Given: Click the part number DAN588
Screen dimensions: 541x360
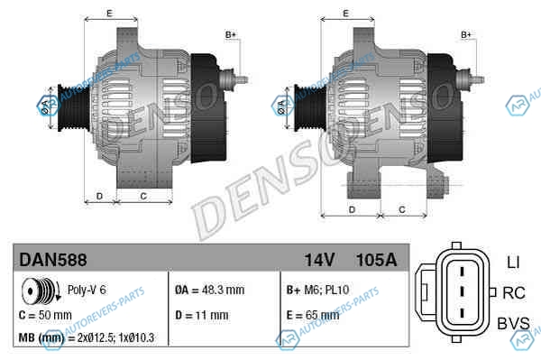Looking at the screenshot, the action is click(53, 260).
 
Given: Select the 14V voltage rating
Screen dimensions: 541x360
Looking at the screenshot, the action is click(319, 260).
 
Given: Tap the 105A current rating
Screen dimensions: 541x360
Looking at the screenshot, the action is click(376, 260).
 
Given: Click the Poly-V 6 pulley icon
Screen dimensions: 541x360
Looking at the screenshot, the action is click(41, 290).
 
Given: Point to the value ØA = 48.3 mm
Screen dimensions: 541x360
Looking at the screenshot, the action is click(209, 290).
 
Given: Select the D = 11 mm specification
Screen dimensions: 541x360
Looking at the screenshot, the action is click(201, 315).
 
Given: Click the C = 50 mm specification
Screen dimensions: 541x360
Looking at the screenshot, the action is click(45, 315).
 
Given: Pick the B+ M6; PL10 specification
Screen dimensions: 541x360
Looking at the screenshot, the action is click(317, 290).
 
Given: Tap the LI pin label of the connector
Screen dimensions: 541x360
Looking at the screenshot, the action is click(513, 263).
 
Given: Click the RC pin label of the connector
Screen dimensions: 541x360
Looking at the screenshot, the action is click(514, 293).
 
